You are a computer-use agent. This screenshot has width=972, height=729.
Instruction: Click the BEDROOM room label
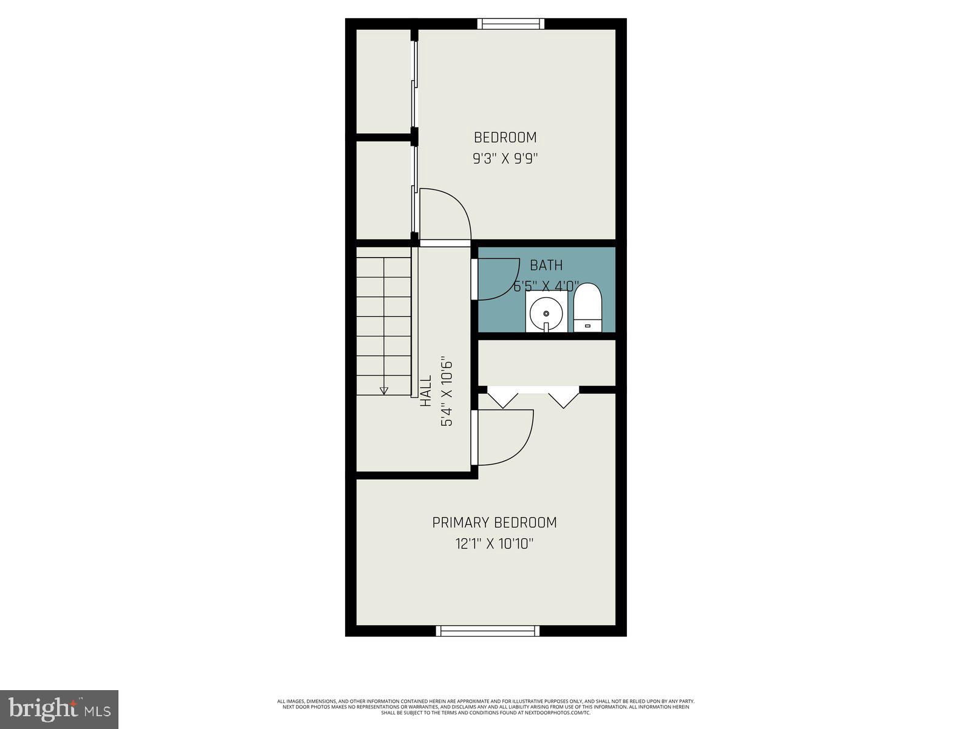coord(505,137)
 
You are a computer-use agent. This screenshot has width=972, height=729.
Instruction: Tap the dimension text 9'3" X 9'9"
coord(505,159)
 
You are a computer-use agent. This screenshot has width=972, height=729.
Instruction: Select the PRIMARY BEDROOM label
coord(494,522)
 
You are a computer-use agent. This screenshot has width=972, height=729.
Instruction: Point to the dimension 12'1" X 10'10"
coord(494,544)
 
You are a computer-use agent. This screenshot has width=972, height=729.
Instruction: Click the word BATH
coord(546,265)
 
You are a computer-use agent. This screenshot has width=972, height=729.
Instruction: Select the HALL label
coord(426,391)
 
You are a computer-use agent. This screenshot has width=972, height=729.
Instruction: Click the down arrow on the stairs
coord(384,391)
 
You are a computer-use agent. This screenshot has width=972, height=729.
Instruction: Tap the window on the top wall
coord(510,24)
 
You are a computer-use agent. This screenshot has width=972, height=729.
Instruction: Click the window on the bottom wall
coord(488,631)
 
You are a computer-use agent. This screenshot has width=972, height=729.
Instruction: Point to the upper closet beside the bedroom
coord(383,81)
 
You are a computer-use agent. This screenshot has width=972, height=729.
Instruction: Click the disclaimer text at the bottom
coord(486,707)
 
